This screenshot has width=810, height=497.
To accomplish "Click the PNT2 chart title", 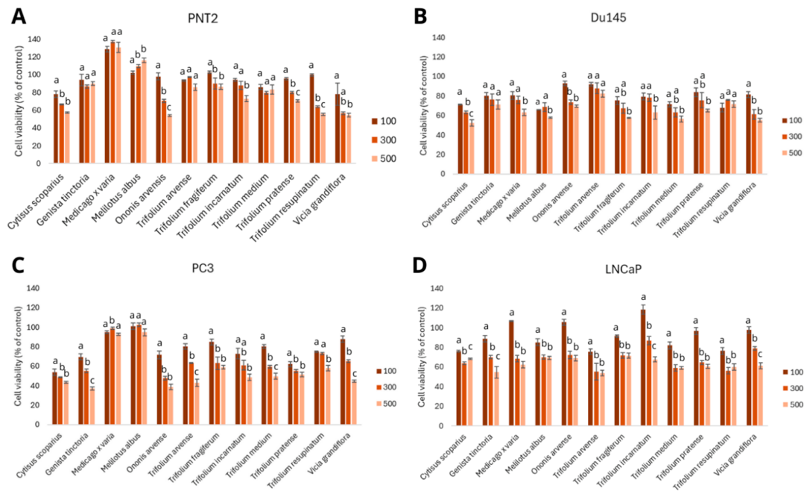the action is tap(203, 18).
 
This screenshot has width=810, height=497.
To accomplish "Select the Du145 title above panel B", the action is tap(608, 18).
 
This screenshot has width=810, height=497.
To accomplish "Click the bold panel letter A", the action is tap(19, 16).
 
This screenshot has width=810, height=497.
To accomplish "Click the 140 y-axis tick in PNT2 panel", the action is tap(34, 40).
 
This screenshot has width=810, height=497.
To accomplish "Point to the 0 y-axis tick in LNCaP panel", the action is tap(440, 426).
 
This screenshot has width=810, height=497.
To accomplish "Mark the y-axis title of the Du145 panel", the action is tap(423, 105).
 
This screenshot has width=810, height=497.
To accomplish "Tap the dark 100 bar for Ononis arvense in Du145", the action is tap(565, 129).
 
